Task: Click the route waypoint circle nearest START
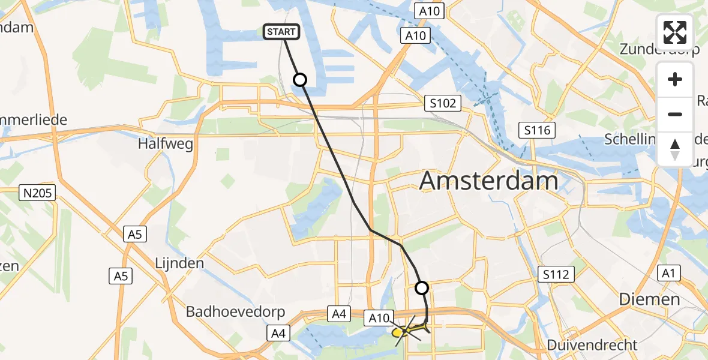point(299,80)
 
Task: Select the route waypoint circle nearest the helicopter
point(422,288)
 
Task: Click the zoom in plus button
point(675,79)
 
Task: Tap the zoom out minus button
point(675,114)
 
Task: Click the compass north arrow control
point(675,149)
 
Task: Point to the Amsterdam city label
point(488,181)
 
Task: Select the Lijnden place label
point(179,263)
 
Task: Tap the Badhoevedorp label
point(235,311)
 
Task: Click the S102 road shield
point(442,103)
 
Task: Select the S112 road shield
point(556,274)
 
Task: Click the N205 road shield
point(38,193)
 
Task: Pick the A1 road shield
point(668,274)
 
